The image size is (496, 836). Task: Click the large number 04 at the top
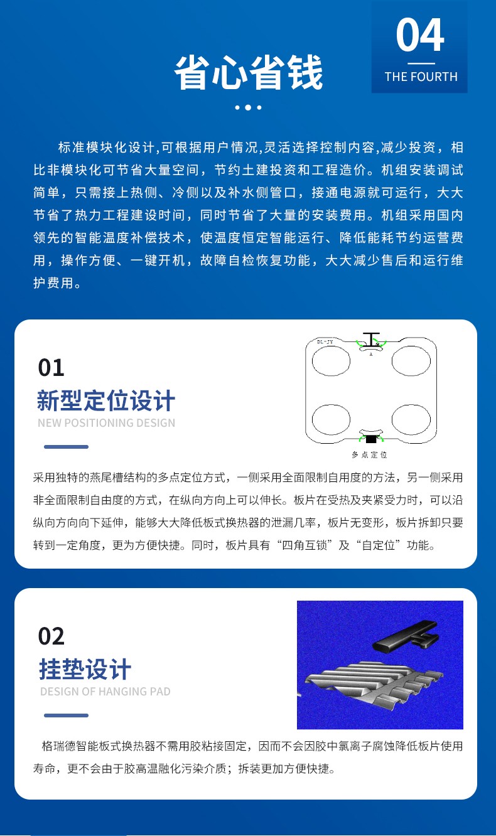point(420,35)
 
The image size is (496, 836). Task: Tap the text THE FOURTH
point(421,77)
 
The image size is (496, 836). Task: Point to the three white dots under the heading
point(248,107)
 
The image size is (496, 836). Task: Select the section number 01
point(51,368)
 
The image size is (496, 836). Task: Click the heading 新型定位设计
point(106,400)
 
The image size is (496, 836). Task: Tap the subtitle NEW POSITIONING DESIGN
point(106,423)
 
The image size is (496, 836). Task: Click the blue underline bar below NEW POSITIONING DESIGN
point(66,447)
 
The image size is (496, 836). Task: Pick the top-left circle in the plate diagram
point(331,360)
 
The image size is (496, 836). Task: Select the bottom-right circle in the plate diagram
point(411,419)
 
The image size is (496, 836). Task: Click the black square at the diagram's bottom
point(370,439)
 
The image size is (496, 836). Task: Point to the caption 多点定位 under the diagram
point(369,454)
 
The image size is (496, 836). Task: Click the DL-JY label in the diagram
point(325,342)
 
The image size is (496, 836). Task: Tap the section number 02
point(51,636)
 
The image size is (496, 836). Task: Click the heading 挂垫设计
point(85,669)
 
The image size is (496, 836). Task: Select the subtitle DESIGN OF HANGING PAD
point(105,692)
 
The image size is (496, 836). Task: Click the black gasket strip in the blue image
point(404,634)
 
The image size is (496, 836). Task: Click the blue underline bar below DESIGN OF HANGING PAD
point(66,715)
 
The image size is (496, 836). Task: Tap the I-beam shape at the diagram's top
point(371,339)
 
